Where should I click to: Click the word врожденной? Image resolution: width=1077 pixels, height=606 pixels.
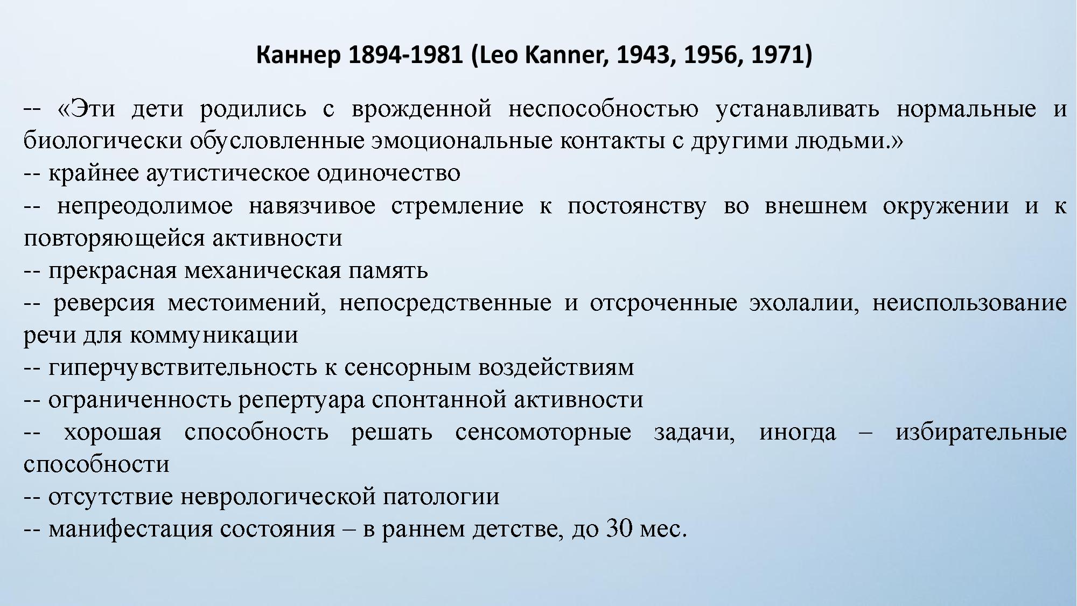pos(422,109)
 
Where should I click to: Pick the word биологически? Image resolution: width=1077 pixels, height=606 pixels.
pos(103,142)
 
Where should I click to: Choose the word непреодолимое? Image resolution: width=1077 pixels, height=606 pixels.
pos(145,206)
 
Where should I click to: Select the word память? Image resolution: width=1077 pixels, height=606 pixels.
pos(388,271)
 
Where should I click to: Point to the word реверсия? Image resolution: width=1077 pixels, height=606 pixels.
pos(104,303)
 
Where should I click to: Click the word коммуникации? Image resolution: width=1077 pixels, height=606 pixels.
pos(214,336)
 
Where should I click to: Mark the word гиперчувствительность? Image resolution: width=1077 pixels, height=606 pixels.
pos(183,368)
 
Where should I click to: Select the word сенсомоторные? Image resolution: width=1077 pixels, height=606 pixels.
pos(543,433)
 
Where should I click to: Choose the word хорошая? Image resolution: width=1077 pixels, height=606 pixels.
pos(113,433)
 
